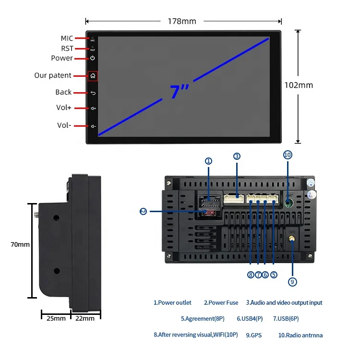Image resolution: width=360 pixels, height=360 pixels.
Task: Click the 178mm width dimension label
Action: coord(182,21)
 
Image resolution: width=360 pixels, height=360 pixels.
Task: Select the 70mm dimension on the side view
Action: coord(20,244)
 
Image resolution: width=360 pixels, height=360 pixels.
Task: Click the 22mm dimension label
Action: coord(86,318)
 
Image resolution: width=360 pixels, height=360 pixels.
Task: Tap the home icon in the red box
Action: coord(93,75)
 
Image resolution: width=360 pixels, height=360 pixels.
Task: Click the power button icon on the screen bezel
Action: coord(93,58)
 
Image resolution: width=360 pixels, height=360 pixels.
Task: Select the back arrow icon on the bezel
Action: coord(93,93)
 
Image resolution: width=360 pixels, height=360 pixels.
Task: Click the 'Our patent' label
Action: coord(53,75)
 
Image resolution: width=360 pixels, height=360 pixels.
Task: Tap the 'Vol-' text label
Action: coord(64,125)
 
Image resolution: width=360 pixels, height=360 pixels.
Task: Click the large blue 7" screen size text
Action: coord(179,92)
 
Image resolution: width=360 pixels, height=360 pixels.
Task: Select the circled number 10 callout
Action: coord(288,155)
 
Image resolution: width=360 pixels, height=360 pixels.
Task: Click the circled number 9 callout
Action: coord(293,282)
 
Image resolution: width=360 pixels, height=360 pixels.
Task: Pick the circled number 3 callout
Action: coord(237,156)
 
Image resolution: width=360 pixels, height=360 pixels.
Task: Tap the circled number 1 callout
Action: coord(208,161)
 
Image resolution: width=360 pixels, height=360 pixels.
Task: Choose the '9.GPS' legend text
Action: coord(253,335)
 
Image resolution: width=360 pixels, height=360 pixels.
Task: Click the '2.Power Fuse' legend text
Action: coord(221,303)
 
